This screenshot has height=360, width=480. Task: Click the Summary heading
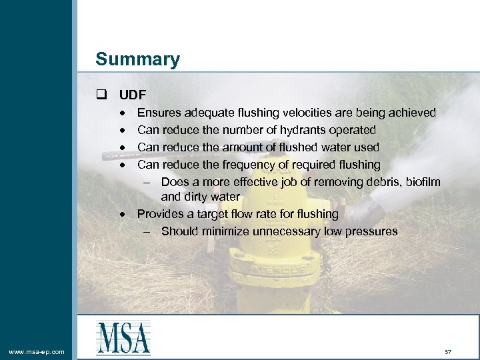click(137, 59)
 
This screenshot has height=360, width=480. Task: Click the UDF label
click(133, 95)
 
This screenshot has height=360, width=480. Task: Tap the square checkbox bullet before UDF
click(102, 95)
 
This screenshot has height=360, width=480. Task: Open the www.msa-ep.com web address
click(37, 351)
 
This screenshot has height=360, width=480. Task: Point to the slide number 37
click(447, 351)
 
